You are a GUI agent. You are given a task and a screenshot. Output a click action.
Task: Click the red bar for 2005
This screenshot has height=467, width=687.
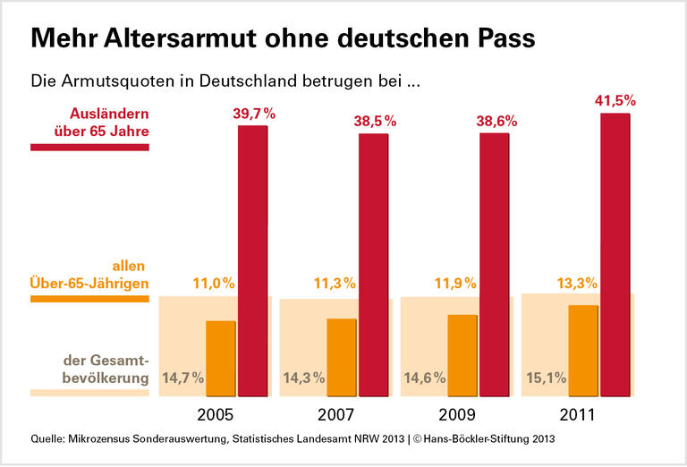(253, 260)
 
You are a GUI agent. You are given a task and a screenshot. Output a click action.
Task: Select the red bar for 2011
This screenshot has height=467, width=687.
(615, 254)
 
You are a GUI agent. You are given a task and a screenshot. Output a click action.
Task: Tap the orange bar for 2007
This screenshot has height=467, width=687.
(342, 357)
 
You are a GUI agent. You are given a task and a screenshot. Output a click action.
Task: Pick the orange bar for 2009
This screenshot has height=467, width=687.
(462, 354)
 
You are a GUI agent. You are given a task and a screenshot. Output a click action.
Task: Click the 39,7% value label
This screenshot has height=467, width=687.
(253, 113)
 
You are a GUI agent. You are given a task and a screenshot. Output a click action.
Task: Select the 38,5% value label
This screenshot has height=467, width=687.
(374, 120)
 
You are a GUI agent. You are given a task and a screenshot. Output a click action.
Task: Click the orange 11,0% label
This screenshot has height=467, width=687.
(214, 284)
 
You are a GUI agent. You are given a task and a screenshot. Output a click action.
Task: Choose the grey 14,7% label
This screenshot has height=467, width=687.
(182, 378)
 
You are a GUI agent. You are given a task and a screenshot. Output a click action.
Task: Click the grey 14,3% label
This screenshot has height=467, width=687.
(303, 378)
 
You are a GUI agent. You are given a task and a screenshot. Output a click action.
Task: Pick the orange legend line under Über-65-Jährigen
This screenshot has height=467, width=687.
(89, 298)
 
